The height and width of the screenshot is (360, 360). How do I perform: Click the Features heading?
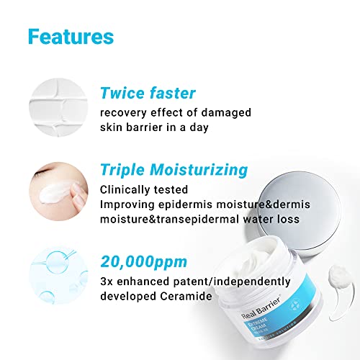[71, 36]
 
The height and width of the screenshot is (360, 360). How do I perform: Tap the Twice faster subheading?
[147, 93]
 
